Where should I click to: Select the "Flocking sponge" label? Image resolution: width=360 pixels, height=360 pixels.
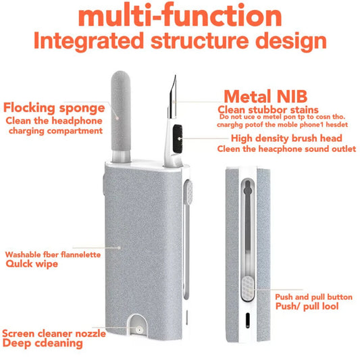coord(54,108)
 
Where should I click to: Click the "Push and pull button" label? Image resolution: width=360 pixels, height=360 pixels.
coord(313,297)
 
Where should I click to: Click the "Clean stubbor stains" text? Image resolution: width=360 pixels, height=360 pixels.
coord(268,109)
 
